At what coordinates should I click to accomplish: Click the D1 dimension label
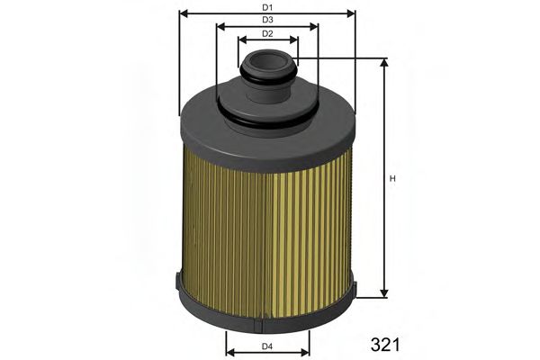(267, 7)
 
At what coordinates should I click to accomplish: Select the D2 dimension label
(267, 33)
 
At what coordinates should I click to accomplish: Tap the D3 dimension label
(267, 20)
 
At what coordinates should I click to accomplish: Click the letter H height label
(392, 177)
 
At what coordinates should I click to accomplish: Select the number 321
(384, 344)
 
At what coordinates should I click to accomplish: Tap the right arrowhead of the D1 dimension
(352, 13)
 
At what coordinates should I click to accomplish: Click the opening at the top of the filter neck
(268, 62)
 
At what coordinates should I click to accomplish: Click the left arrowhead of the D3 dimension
(220, 26)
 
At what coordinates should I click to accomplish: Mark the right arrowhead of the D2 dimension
(294, 40)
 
